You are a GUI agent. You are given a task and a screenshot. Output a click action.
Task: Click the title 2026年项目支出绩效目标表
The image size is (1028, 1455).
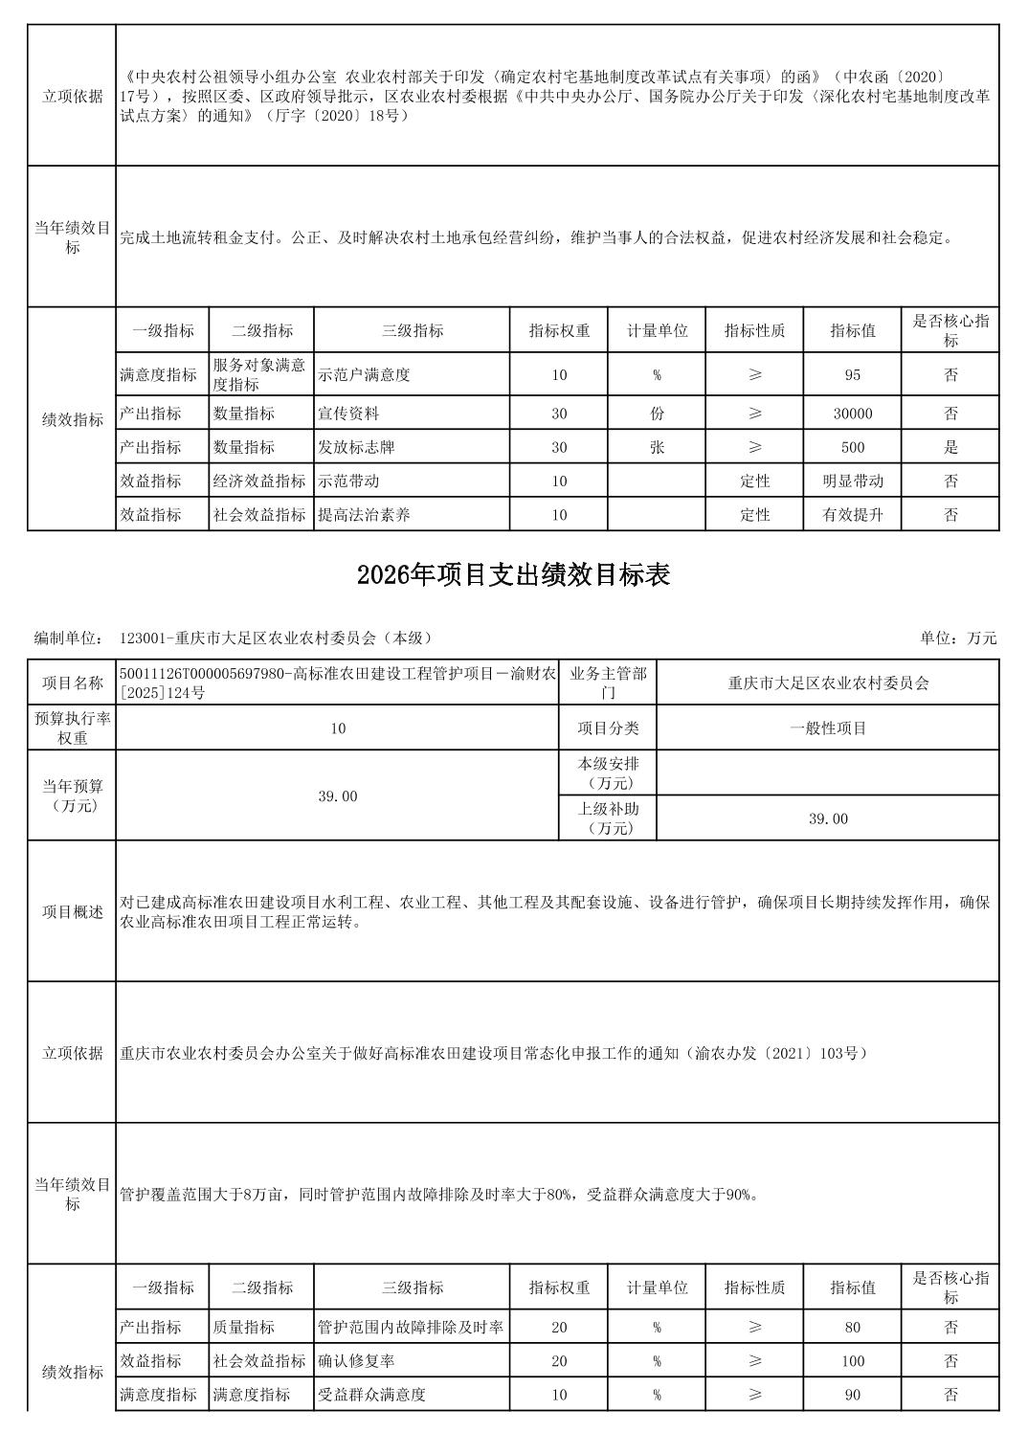(x=513, y=574)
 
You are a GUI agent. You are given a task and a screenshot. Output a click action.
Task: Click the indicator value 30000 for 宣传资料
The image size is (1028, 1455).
(x=852, y=414)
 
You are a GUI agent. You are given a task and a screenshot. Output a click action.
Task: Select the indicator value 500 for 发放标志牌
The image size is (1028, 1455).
(x=852, y=447)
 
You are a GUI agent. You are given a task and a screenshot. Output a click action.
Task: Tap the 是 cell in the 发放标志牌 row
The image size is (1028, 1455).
(x=950, y=447)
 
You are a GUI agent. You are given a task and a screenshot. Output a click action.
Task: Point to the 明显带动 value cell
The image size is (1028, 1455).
(x=852, y=481)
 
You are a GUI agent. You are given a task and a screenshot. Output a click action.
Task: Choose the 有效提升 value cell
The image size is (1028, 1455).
(x=852, y=515)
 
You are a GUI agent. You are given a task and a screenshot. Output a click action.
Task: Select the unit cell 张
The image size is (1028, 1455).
(x=657, y=447)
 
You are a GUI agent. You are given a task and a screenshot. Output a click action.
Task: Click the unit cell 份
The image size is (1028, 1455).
(x=657, y=414)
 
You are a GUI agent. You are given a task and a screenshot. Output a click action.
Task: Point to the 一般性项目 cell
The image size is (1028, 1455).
(x=828, y=728)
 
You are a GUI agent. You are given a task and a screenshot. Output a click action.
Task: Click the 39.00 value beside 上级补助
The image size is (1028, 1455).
(x=828, y=818)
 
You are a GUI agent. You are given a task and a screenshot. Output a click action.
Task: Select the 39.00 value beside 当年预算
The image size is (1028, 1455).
(x=337, y=796)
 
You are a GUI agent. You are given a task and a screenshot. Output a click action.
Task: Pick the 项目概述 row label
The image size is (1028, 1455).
(x=72, y=911)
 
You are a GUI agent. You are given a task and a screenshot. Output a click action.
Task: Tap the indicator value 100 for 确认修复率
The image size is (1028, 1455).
(x=852, y=1361)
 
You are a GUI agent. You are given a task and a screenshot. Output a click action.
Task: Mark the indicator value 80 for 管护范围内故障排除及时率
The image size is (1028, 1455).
(x=852, y=1328)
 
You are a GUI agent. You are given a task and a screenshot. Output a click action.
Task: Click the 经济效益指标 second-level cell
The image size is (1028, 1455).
(x=259, y=481)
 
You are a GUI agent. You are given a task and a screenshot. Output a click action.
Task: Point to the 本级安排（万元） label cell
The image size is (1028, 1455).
(x=608, y=773)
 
